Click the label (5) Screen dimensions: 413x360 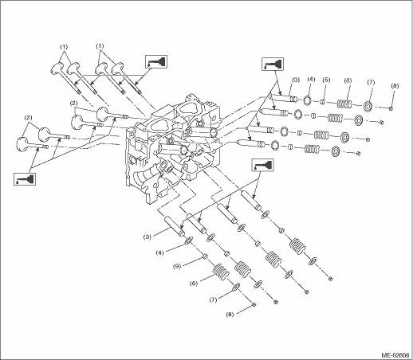(325, 80)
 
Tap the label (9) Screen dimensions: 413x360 (177, 266)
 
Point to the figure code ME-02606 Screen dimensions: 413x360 (395, 355)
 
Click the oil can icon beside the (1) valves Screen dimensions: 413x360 (156, 61)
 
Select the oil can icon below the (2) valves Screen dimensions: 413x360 (25, 178)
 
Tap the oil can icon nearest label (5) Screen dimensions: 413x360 (273, 64)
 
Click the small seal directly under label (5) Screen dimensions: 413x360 (323, 102)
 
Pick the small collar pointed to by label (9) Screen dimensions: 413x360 (205, 256)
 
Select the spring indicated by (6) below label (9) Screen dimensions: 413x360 (222, 272)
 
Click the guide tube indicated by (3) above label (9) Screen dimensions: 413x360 (175, 226)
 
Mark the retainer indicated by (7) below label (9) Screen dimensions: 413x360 (235, 287)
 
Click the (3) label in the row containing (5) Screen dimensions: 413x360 (296, 80)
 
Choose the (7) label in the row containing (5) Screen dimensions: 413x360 (371, 82)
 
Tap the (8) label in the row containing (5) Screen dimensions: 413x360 (395, 86)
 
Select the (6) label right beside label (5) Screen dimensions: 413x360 (348, 80)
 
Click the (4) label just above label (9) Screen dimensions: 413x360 (159, 253)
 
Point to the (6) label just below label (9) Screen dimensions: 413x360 (194, 284)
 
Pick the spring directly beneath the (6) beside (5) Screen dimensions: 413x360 (344, 104)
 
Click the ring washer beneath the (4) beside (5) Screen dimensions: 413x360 (308, 100)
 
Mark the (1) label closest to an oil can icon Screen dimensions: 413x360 (100, 46)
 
